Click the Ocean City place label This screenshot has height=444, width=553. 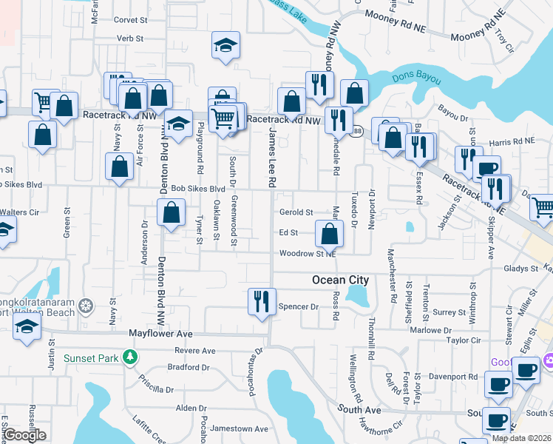coord(340,280)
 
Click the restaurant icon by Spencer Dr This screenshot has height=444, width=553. coord(260,301)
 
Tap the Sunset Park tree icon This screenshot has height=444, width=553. coord(131,358)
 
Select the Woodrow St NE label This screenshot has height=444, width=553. coord(308,254)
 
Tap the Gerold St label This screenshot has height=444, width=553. coord(296,212)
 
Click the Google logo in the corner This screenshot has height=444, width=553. coord(24,435)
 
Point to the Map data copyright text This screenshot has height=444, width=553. coord(521,438)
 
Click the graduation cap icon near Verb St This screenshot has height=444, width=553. coord(224,46)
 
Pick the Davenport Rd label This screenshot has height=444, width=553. coord(452,377)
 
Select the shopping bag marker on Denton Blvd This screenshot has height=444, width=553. coord(171,213)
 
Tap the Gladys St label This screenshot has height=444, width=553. coord(522,269)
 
